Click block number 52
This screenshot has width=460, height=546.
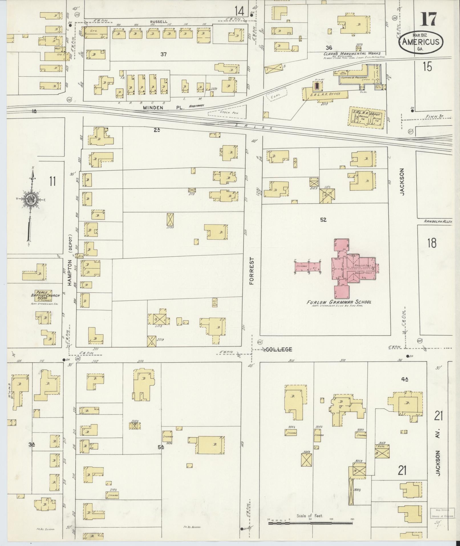[323, 220]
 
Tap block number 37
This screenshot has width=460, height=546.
[163, 54]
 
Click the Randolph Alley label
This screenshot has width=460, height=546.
[437, 221]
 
